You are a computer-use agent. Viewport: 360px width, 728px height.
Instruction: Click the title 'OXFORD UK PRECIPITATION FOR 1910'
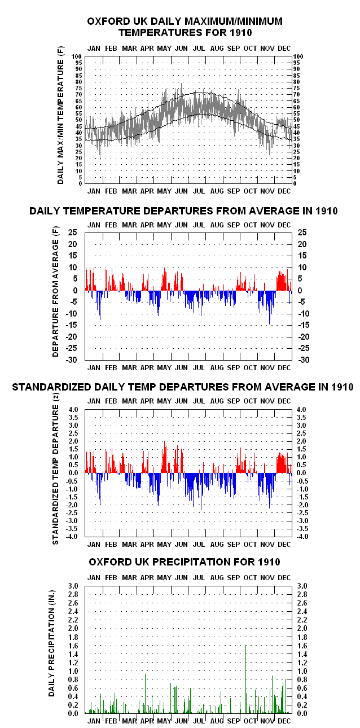click(184, 562)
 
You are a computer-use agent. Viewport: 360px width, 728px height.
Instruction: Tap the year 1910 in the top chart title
click(241, 33)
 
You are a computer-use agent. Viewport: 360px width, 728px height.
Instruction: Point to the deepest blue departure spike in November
click(269, 308)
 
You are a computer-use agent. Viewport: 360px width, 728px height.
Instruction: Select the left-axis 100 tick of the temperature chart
click(77, 56)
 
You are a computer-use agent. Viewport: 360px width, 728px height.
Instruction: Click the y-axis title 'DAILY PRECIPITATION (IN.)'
click(52, 643)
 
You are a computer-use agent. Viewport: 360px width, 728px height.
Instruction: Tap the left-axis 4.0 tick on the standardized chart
click(73, 410)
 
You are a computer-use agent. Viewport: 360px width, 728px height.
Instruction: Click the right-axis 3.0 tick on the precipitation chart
click(302, 586)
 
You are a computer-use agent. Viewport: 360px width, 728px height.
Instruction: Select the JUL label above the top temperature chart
click(199, 49)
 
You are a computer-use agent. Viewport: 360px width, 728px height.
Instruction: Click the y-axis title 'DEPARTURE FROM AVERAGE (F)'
click(55, 292)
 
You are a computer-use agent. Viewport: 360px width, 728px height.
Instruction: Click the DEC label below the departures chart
click(284, 368)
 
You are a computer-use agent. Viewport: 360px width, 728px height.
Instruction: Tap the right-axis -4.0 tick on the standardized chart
click(302, 536)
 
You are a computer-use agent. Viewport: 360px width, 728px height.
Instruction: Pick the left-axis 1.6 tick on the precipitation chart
click(73, 646)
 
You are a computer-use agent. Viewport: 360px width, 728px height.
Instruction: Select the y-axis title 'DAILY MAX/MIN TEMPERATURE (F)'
click(61, 115)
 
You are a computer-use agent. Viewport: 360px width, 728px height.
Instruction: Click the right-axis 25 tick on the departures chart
click(302, 233)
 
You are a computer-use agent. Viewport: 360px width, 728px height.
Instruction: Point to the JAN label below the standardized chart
click(94, 545)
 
